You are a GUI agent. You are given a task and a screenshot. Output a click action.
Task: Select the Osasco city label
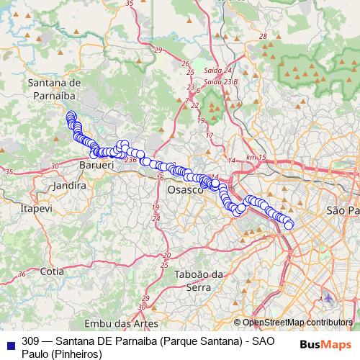(x=185, y=190)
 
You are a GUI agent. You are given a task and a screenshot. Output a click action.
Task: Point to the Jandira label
(x=69, y=185)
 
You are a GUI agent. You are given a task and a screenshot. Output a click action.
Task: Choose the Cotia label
(x=52, y=271)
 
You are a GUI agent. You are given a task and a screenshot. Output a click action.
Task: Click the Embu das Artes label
(x=120, y=323)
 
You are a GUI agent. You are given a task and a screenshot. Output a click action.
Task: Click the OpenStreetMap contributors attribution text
(x=297, y=323)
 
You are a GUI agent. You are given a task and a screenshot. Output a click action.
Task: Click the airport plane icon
(x=328, y=297)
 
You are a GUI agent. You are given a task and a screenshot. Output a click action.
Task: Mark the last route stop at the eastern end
(x=289, y=225)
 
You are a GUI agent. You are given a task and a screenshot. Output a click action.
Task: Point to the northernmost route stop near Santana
(x=70, y=115)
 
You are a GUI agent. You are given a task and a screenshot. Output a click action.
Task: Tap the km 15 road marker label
(x=256, y=157)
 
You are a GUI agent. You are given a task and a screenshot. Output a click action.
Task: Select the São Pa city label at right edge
(x=342, y=210)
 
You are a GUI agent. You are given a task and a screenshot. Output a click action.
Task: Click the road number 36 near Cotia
(x=22, y=274)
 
